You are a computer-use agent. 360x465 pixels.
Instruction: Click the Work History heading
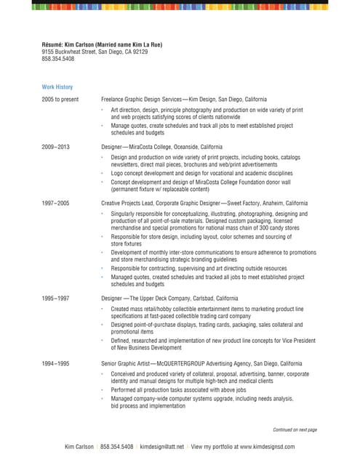[57, 86]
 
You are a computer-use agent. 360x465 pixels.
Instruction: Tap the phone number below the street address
[57, 60]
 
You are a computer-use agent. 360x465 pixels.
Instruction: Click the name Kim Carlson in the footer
[79, 446]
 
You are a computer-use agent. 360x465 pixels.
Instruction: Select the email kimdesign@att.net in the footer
[162, 446]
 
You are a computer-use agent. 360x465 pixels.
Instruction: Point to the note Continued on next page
[295, 430]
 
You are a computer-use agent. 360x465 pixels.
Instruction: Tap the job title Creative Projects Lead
[127, 203]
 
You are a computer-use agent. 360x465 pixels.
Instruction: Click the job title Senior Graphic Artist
[129, 363]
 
